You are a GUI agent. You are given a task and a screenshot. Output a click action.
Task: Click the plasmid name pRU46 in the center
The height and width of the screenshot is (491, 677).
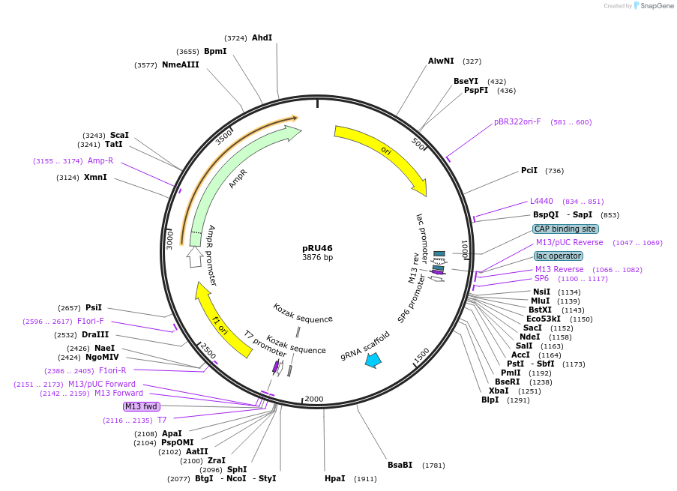317,248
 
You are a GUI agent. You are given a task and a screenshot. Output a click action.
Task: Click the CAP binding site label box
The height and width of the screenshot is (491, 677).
565,229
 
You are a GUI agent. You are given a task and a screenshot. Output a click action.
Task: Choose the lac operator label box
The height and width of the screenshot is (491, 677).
559,256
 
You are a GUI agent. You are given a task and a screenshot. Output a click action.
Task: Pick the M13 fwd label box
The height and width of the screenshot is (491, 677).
141,406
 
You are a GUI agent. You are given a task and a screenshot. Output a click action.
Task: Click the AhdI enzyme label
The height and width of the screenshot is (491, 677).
262,37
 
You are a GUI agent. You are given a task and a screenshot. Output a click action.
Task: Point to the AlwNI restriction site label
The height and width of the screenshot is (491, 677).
441,61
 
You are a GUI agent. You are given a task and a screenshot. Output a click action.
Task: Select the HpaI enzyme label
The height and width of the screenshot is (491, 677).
335,478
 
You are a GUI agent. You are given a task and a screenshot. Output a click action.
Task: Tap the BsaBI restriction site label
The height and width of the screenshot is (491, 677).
400,466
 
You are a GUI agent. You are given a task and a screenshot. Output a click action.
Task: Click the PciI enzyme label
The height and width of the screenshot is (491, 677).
529,170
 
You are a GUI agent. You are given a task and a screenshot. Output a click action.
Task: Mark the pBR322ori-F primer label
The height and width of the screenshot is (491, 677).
517,121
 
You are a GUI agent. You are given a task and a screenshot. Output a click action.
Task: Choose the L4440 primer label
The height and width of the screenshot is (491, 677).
541,201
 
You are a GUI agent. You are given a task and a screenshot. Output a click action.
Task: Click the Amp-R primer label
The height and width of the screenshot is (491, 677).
100,160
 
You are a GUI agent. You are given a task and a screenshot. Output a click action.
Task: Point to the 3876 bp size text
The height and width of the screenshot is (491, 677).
317,258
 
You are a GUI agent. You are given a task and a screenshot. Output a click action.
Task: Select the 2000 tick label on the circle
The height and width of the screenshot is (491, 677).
314,399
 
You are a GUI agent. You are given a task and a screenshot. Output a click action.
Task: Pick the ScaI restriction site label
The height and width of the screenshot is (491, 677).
119,135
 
